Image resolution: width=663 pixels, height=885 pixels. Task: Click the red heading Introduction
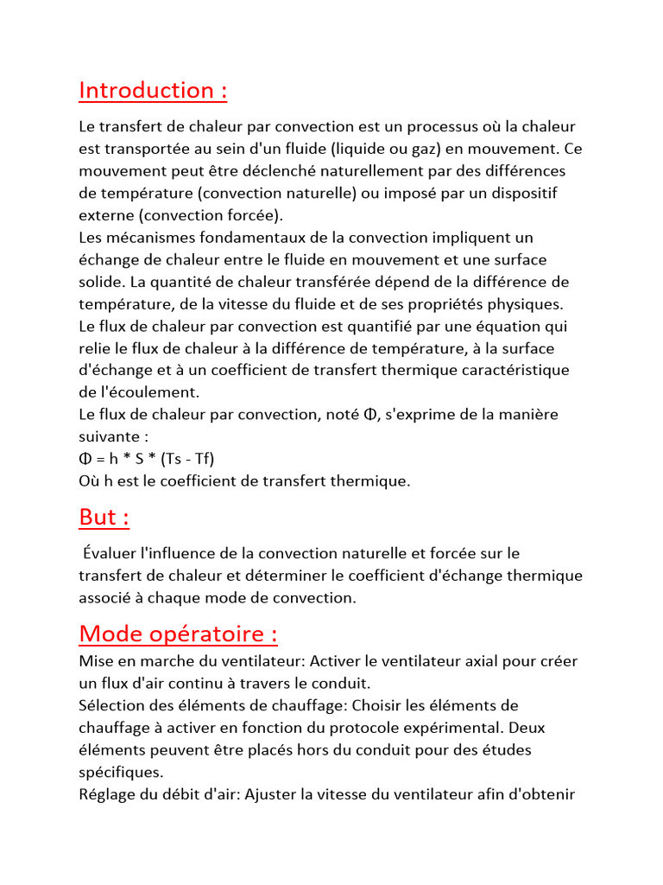[153, 90]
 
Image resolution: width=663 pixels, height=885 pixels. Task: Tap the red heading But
[104, 517]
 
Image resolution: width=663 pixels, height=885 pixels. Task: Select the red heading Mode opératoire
[178, 634]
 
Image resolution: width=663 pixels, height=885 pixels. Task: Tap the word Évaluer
[108, 552]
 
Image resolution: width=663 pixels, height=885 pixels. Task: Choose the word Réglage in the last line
[107, 793]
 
